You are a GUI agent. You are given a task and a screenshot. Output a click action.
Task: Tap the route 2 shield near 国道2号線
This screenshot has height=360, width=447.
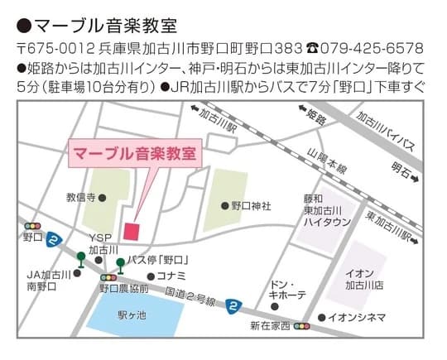pyautogui.click(x=234, y=306)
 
